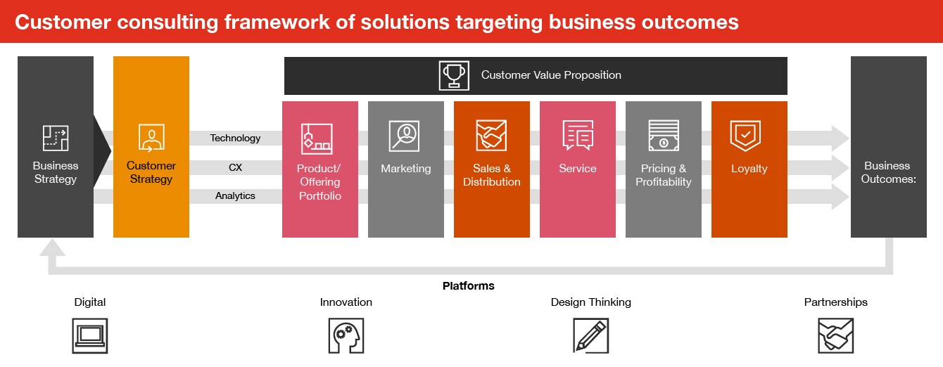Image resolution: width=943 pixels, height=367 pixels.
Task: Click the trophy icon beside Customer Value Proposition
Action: coord(454,75)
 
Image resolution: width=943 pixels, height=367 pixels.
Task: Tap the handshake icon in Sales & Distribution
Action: coord(491,136)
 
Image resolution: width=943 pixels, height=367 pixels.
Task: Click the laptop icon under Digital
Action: coord(90,335)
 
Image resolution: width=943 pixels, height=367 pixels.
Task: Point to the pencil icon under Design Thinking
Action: coord(590,335)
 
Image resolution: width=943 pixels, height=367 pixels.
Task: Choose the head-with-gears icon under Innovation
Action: coord(346,335)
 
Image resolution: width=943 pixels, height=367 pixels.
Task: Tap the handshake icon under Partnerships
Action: coord(835,335)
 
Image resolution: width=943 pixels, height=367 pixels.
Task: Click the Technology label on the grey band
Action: coord(235,139)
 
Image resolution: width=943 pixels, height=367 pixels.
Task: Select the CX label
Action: coord(235,167)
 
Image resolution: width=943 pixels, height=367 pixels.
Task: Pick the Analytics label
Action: coord(235,196)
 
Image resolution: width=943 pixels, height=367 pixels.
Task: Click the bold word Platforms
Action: coord(468,286)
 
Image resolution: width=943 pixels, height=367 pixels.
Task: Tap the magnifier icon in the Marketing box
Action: coord(405,136)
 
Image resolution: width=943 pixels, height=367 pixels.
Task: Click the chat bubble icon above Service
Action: coord(577,136)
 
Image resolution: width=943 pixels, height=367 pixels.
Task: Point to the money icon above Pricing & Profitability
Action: coord(663,136)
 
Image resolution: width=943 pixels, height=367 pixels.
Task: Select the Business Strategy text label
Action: coord(56,172)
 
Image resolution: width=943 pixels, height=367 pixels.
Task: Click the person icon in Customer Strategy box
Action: coord(151,138)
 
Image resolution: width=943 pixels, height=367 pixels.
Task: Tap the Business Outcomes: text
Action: coord(887,172)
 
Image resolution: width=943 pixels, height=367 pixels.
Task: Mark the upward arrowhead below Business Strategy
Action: coord(53,247)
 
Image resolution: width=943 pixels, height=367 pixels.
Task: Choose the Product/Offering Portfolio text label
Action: coord(319,182)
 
